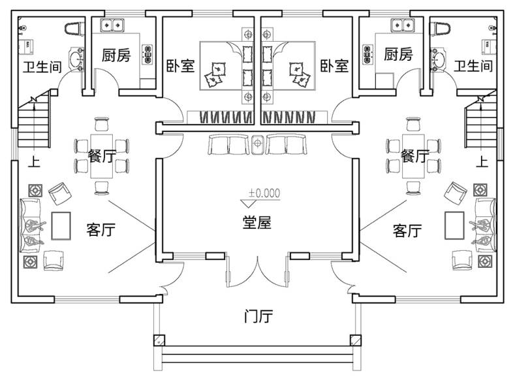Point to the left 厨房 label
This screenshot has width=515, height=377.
pyautogui.click(x=116, y=55)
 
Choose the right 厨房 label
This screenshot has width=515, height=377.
pyautogui.click(x=398, y=55)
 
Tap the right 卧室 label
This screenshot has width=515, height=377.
pyautogui.click(x=334, y=65)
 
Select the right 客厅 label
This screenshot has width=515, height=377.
pyautogui.click(x=407, y=230)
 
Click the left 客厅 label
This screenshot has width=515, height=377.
pyautogui.click(x=101, y=230)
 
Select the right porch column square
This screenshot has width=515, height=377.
pyautogui.click(x=356, y=340)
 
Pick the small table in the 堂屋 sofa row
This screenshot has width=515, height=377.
pyautogui.click(x=258, y=144)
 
